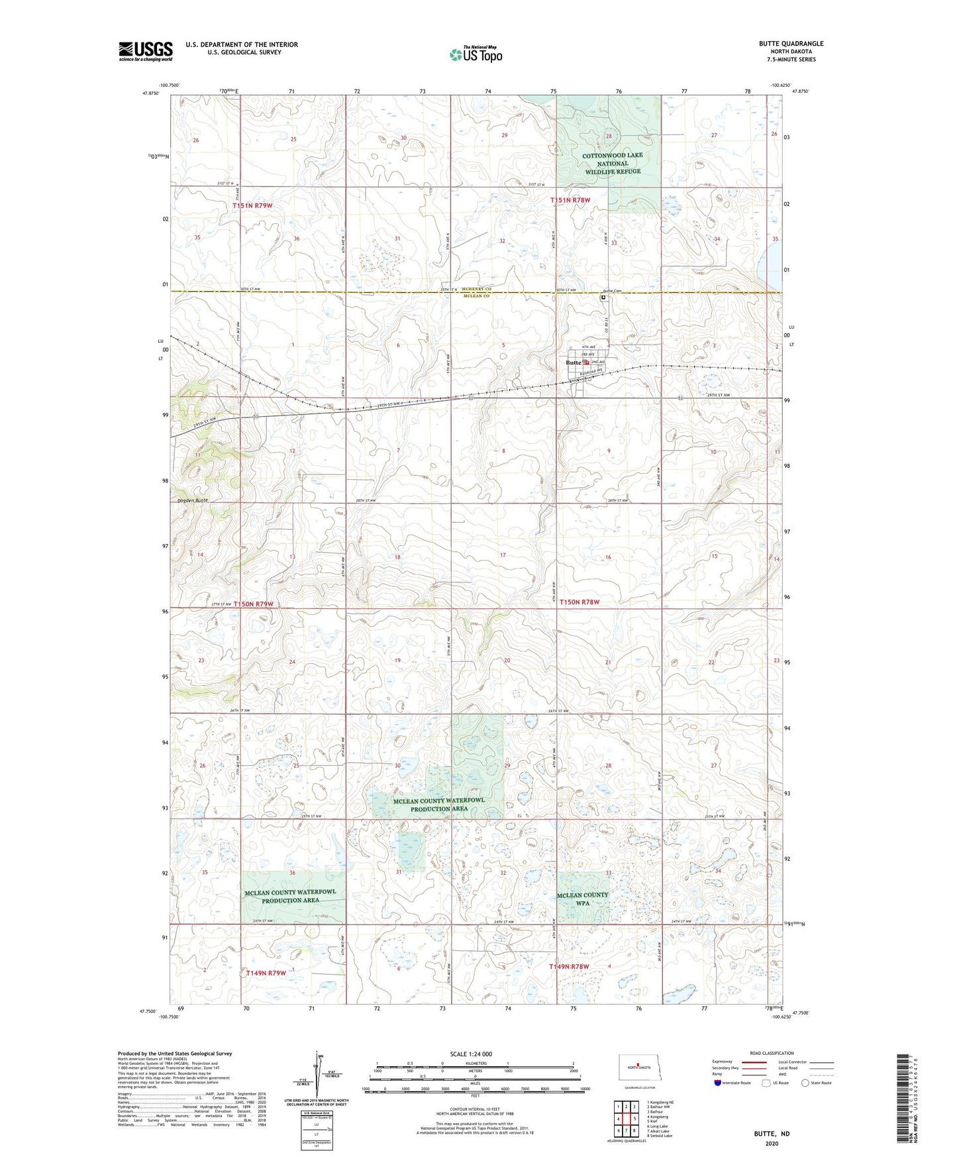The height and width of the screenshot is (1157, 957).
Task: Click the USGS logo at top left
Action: coord(145,51)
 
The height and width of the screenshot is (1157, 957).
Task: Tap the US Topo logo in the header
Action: coord(475,54)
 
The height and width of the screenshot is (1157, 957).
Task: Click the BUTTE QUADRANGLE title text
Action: coord(791,44)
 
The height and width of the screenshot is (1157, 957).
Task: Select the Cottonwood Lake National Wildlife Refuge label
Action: coord(612,163)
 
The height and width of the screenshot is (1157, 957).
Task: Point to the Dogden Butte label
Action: coord(192,500)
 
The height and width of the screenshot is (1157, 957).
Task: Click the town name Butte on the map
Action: coord(573,362)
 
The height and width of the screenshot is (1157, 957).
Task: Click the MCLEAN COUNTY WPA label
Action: coord(582,899)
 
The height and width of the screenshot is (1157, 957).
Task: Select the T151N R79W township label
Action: coord(252,206)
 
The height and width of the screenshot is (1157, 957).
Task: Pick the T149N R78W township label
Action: coord(569,967)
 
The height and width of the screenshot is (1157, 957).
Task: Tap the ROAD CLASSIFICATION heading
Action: coord(772,1053)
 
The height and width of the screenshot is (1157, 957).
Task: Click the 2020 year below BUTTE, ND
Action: coord(771,1144)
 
